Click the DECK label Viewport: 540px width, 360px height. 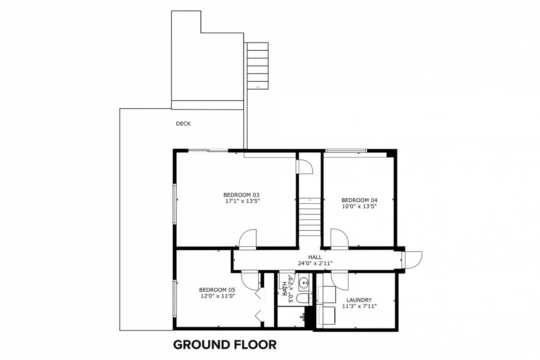point(183,124)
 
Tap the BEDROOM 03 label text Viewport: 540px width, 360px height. point(241,195)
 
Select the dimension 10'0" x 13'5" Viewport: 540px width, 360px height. point(359,206)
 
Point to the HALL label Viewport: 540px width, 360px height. point(315,257)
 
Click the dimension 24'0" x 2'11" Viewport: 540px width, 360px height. point(315,263)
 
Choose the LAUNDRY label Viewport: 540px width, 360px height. point(359,300)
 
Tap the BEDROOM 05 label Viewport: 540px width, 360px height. point(217,290)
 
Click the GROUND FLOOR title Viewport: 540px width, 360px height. point(225,345)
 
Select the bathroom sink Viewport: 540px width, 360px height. point(304,282)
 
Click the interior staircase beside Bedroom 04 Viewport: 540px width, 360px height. point(310,217)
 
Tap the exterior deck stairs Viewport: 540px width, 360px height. point(257,66)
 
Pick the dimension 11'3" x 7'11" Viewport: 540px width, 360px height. point(359,306)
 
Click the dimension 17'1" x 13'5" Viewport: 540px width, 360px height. point(242,201)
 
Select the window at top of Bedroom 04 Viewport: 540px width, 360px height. point(346,151)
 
